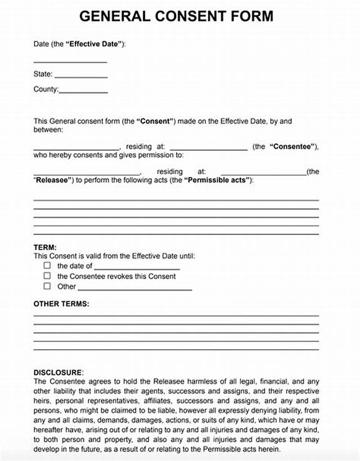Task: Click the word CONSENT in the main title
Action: point(192,16)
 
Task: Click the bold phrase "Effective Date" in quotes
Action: point(95,44)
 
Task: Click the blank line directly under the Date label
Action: point(70,62)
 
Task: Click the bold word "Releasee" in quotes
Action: point(53,180)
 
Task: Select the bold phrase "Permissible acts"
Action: point(216,180)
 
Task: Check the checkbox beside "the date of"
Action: point(47,266)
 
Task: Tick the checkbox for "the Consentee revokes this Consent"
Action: point(47,276)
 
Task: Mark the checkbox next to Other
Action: point(47,286)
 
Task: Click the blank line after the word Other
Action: point(135,289)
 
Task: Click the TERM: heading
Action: point(45,247)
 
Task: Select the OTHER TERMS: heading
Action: point(61,304)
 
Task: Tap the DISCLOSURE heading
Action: point(58,372)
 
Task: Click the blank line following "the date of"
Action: point(137,268)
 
